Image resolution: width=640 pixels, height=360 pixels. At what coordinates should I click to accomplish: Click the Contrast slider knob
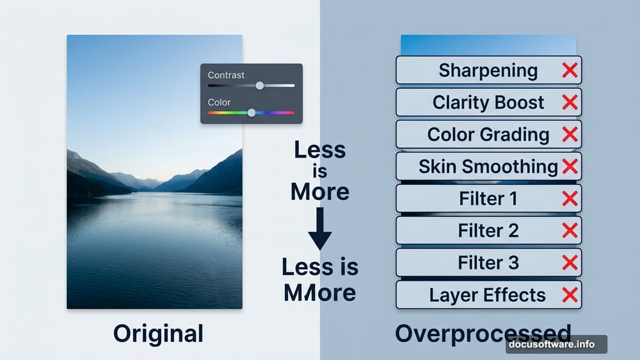point(259,86)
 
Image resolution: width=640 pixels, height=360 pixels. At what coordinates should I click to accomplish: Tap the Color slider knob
point(251,112)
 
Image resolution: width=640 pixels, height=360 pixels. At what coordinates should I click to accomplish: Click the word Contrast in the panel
point(226,75)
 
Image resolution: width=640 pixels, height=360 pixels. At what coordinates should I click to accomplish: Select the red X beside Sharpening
point(569,70)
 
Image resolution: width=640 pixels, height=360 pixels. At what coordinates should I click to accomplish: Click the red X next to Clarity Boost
point(569,102)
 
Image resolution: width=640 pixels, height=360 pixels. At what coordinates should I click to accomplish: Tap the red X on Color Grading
point(569,134)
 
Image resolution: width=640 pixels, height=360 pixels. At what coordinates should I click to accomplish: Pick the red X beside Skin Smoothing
point(569,166)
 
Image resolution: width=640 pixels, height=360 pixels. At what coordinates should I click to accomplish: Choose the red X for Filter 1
point(569,199)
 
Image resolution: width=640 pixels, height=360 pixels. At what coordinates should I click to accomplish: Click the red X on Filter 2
point(569,231)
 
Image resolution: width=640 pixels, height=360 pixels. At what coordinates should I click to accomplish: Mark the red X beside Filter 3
point(569,262)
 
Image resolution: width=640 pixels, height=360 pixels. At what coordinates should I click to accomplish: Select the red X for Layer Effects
point(569,295)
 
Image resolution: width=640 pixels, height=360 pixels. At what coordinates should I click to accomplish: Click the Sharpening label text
point(488,70)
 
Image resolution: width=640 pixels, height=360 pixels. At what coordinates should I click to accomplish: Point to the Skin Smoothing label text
point(488,166)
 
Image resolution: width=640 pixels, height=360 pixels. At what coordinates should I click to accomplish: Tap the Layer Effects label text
point(487,295)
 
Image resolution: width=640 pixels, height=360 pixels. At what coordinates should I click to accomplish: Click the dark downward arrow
point(319,229)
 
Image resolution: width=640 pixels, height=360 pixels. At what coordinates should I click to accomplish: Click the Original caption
point(158,333)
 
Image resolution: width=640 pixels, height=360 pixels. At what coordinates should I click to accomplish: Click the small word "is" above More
point(319,171)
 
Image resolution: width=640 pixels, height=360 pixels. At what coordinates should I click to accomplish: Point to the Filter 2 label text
point(488,231)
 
